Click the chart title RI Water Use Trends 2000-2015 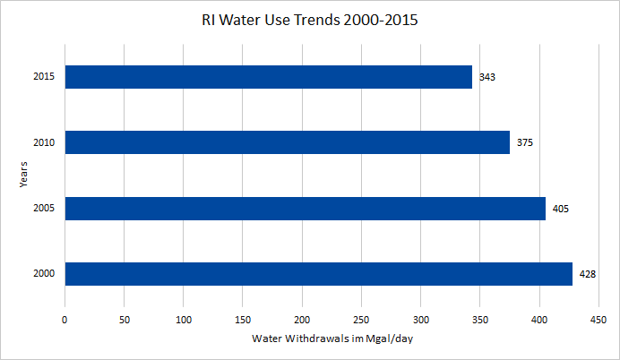point(309,20)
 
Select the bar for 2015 point(268,77)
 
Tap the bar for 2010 point(287,142)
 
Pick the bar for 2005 point(305,209)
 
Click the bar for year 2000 point(318,274)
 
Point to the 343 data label point(487,77)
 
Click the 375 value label point(525,142)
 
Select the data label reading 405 point(561,209)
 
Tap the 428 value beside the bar point(588,274)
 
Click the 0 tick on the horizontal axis point(65,319)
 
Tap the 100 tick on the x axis point(184,319)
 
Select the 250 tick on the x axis point(361,319)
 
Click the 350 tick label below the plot point(480,319)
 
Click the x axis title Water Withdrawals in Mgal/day point(332,339)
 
